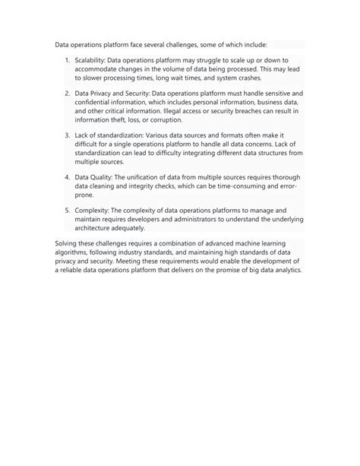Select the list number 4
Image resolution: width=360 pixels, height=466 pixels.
pyautogui.click(x=67, y=176)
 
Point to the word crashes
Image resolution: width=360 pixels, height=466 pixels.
pyautogui.click(x=245, y=78)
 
